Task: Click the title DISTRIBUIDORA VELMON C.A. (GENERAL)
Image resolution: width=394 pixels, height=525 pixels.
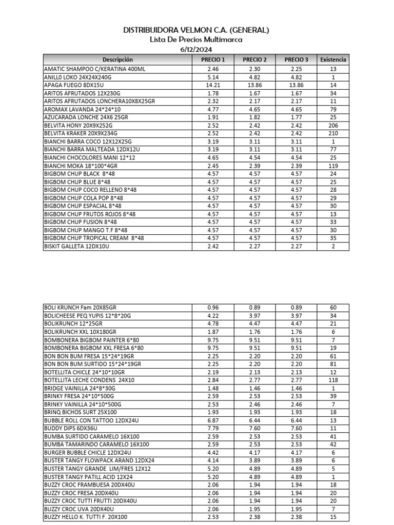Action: tap(196, 30)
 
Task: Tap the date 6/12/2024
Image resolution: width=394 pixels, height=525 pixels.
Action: tap(196, 49)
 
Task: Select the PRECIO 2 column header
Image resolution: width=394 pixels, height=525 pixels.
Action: tap(254, 59)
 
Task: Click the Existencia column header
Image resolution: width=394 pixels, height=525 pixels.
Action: tap(333, 59)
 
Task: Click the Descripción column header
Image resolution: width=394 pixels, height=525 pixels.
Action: tap(117, 59)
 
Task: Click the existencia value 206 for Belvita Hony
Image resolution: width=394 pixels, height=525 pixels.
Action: tap(333, 125)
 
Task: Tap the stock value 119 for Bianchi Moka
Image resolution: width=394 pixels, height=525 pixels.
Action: tap(333, 166)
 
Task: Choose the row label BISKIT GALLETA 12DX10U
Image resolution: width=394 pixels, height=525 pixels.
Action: tap(77, 247)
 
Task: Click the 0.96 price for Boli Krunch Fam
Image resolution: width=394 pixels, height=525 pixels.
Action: tap(213, 308)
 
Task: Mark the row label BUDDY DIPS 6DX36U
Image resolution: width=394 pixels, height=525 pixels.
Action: tap(71, 429)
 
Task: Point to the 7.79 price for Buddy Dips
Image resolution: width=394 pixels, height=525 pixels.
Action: tap(213, 429)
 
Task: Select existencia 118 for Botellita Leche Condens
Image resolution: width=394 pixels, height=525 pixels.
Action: tap(333, 380)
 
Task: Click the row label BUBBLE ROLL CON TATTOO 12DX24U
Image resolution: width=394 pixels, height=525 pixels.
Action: tap(91, 420)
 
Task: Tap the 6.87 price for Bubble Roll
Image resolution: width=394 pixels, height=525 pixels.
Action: tap(213, 420)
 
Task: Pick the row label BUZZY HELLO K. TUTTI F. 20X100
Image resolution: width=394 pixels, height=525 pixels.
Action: tap(86, 517)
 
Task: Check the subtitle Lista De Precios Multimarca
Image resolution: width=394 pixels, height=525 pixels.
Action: tap(196, 39)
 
